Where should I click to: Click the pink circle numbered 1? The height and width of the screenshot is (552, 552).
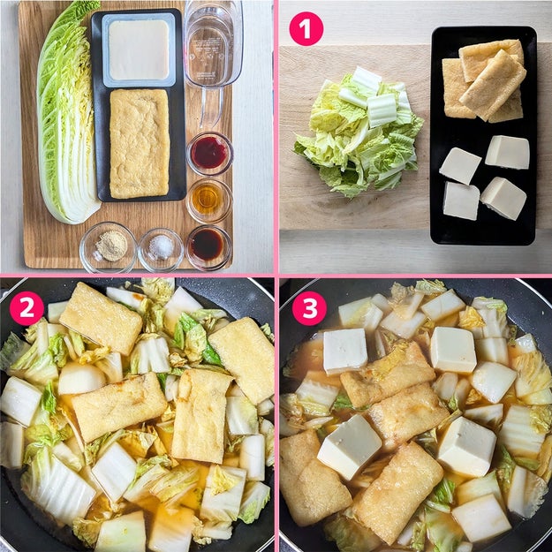pos(306,29)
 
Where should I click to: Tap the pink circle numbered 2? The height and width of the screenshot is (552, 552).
pos(26,308)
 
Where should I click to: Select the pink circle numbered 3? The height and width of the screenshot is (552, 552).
pos(309,308)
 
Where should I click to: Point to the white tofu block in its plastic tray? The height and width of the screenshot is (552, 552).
pos(139,49)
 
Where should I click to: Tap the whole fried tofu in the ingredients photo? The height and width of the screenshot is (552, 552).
pos(140,143)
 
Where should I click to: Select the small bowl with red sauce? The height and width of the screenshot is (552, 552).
pos(210,154)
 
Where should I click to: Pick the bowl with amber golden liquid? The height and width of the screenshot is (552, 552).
pos(209,200)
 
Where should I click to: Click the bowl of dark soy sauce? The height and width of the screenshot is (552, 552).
pos(208,246)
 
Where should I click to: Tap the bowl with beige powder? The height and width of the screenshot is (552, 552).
pos(108,247)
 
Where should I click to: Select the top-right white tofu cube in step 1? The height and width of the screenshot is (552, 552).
pos(507,152)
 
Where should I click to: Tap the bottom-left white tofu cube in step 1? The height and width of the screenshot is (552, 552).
pos(461,200)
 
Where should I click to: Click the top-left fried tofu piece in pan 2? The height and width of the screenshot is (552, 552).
pos(101,319)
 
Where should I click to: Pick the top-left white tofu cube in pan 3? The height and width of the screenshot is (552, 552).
pos(345,351)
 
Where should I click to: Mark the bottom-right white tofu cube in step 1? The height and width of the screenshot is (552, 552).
pos(503,198)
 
